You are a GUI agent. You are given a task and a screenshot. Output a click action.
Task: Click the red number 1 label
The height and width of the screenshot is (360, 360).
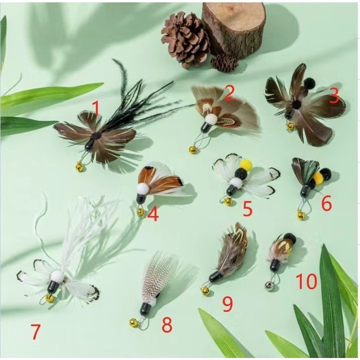point(96,109)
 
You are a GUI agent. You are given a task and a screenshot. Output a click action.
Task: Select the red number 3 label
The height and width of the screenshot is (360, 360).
point(334,96)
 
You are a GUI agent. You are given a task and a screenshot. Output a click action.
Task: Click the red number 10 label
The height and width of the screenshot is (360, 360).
point(307,281)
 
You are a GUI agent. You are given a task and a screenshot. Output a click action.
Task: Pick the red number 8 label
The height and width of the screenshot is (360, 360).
point(167,325)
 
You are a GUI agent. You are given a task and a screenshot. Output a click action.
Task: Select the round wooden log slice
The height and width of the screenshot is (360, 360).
point(234,29)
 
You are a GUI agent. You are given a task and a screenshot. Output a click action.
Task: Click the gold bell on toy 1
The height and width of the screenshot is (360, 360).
point(79,166)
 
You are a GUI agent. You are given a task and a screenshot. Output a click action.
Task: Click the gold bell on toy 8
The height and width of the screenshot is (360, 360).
point(133,323)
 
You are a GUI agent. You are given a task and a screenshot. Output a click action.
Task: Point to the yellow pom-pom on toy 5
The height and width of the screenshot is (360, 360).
point(246,164)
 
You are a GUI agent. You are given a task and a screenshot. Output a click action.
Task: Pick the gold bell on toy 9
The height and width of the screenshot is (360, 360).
point(205,291)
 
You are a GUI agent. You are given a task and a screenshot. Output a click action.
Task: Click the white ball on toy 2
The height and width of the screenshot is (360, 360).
point(211,120)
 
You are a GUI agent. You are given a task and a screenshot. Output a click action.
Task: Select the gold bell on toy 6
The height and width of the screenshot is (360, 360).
point(301,215)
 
